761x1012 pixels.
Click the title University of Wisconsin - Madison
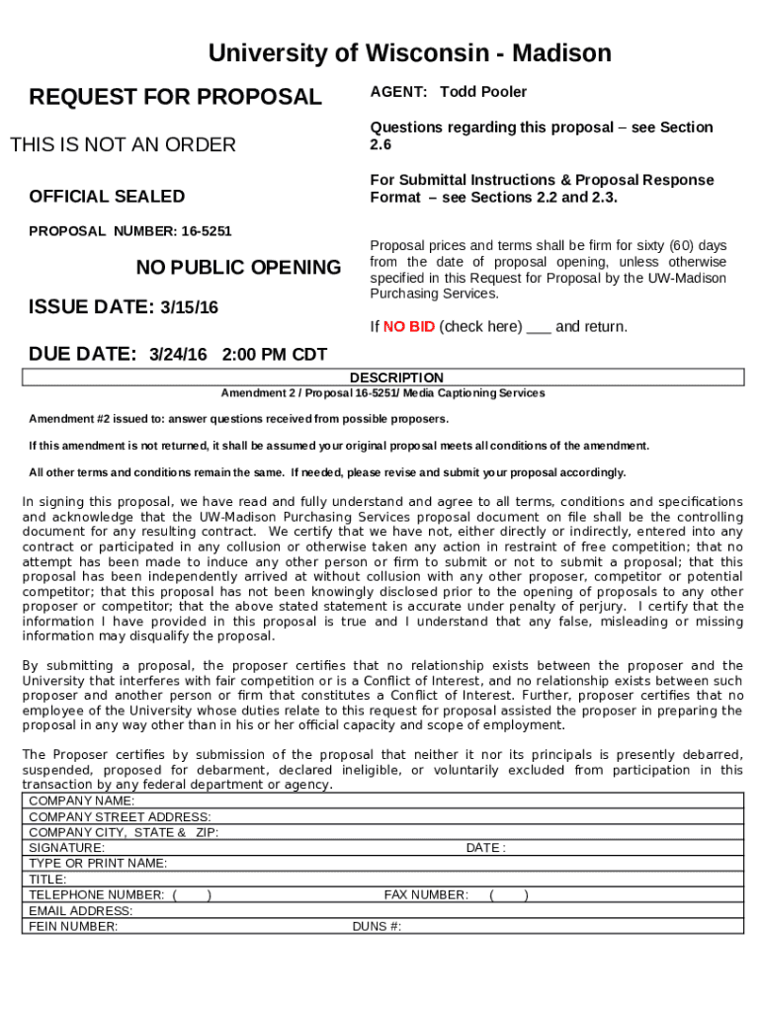pos(409,53)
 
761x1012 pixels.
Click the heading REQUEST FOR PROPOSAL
pos(175,97)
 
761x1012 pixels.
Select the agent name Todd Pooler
pos(483,92)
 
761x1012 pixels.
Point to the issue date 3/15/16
pos(189,308)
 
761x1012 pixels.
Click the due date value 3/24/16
pos(178,354)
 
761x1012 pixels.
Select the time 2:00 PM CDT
pos(275,354)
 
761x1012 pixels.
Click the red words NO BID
pos(409,327)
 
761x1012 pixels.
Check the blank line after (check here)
pos(539,328)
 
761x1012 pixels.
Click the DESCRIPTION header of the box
pos(396,378)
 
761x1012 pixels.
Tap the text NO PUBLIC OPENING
pos(238,268)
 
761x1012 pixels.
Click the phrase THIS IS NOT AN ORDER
pos(123,145)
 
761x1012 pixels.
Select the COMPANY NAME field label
pos(82,801)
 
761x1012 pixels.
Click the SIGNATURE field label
pos(66,848)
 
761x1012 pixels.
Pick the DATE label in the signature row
pos(485,848)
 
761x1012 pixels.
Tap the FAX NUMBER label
pos(426,895)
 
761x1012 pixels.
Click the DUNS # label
pos(377,927)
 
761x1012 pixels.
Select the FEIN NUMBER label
pos(73,927)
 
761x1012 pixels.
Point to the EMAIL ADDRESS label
pos(80,911)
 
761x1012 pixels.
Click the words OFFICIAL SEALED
pos(107,197)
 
